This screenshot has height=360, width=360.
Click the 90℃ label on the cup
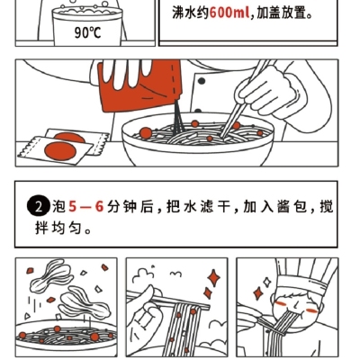pos(87,32)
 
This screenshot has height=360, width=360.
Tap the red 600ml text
pos(229,13)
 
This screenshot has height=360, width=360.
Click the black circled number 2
pos(38,207)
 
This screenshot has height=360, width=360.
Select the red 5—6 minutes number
pos(86,207)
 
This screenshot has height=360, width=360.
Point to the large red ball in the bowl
pos(146,133)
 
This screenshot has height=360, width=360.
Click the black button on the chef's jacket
pos(202,81)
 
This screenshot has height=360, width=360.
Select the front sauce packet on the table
pos(57,150)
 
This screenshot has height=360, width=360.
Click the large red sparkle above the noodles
pos(213,278)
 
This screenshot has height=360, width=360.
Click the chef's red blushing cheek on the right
pos(312,310)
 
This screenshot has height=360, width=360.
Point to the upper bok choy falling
pos(51,275)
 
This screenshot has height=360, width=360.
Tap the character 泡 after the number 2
pos(58,207)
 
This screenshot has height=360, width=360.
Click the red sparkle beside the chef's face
pos(257,293)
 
